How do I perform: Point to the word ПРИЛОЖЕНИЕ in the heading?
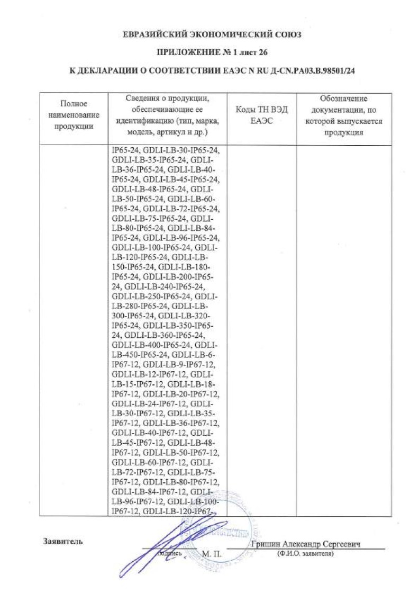(181, 52)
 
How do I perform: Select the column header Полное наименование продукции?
(74, 115)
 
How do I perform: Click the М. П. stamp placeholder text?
(214, 553)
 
